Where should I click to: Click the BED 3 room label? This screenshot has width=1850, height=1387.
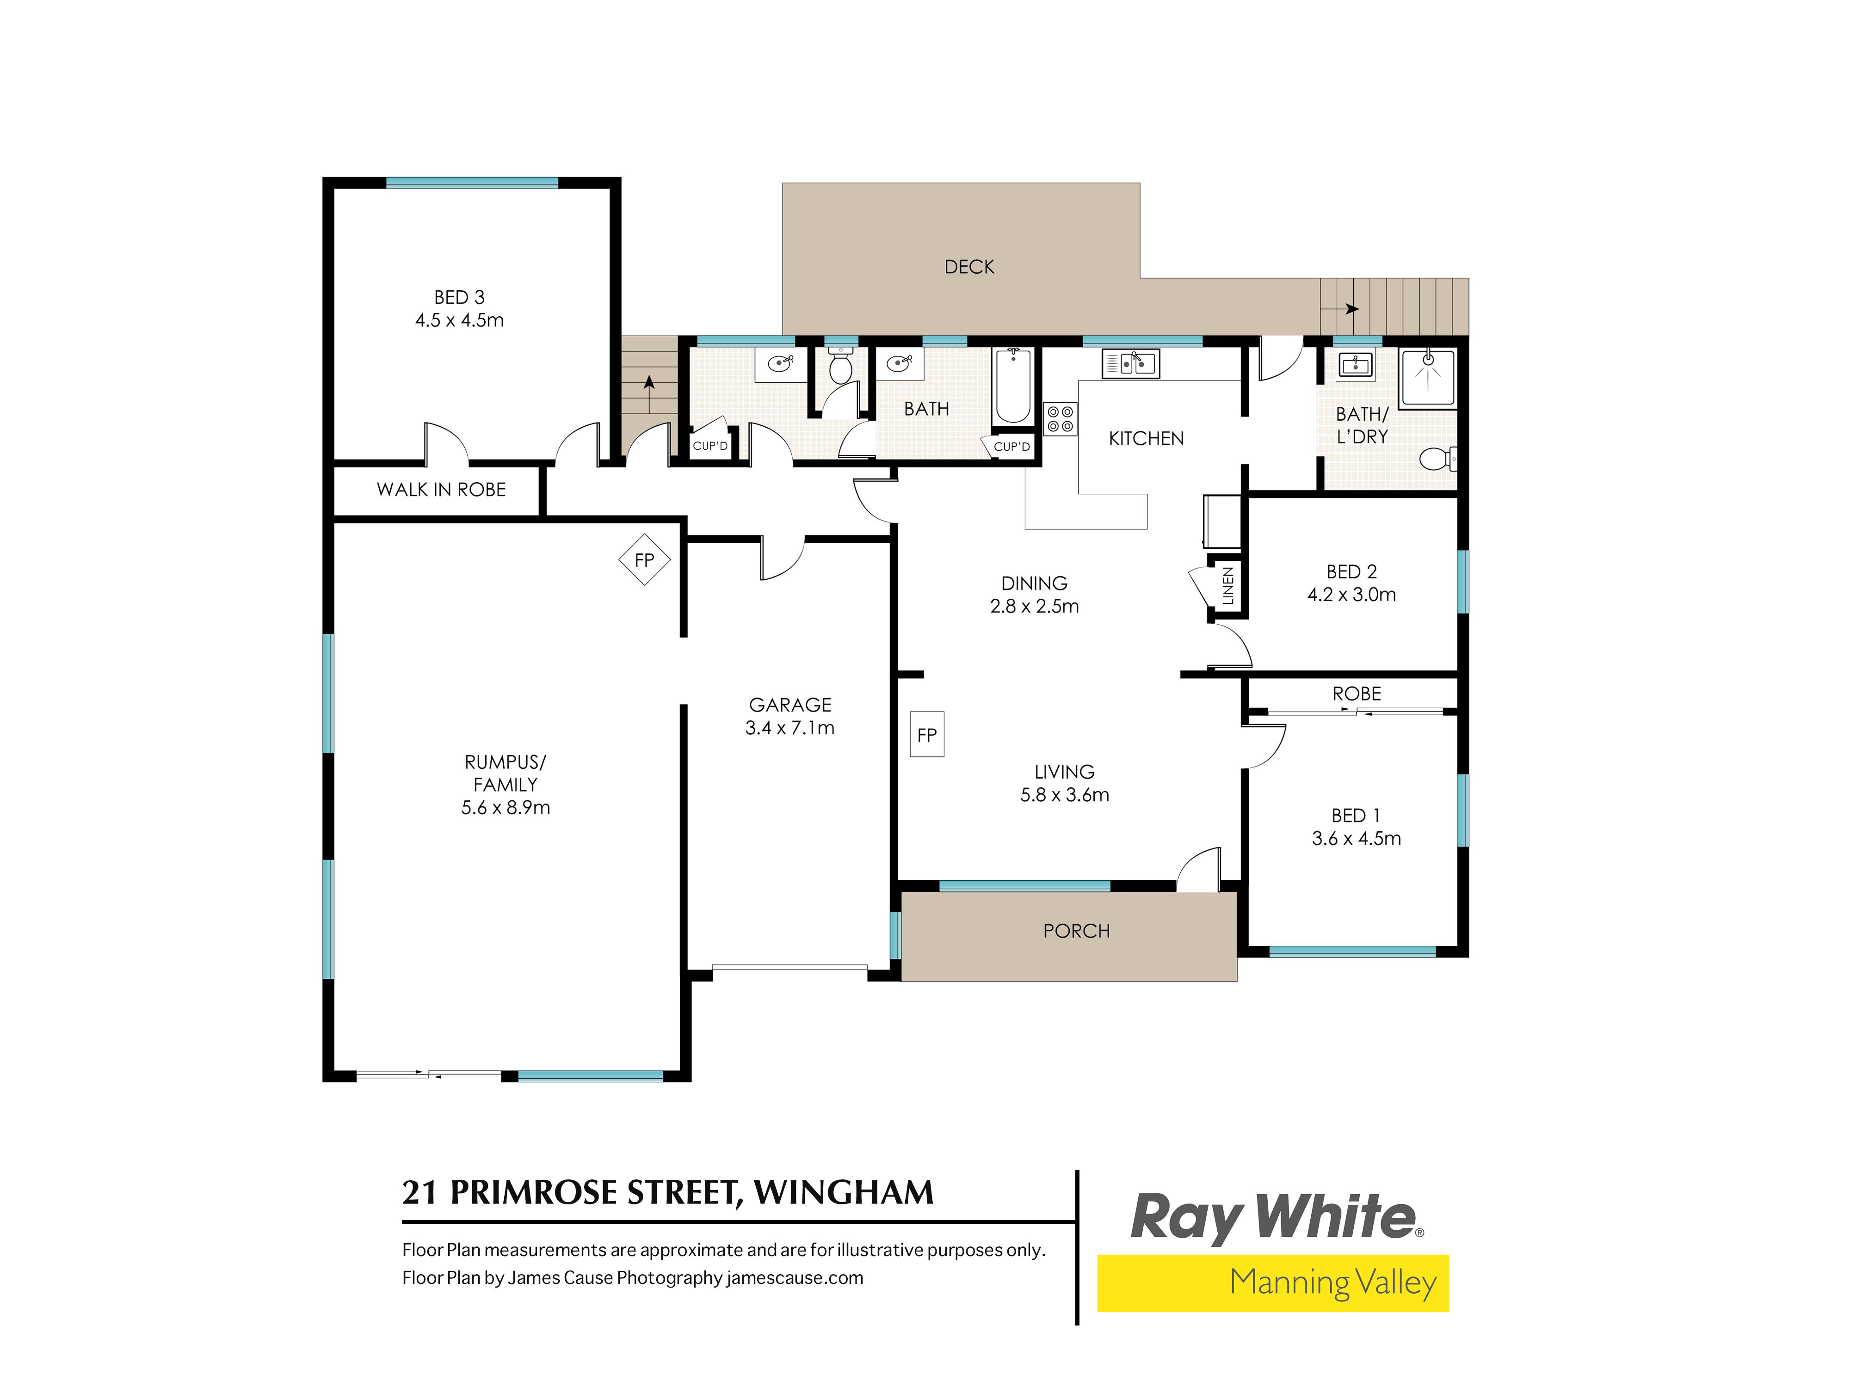pos(459,298)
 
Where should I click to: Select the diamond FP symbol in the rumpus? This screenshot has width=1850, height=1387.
pos(644,559)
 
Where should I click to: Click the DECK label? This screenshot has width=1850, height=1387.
pos(969,267)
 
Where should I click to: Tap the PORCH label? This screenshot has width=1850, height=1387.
pos(1076,931)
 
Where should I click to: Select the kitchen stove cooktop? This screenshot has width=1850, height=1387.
pos(1061,419)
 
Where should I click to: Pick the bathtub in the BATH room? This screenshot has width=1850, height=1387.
pos(1013,387)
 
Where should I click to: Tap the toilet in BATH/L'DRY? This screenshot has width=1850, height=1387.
pos(1437,458)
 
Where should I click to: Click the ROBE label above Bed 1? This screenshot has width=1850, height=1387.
pos(1357,694)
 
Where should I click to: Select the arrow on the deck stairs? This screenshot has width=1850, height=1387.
pos(1340,308)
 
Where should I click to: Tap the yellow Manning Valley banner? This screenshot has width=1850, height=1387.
pos(1273,1283)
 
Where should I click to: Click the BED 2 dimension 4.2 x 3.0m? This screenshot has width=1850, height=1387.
pos(1351,595)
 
